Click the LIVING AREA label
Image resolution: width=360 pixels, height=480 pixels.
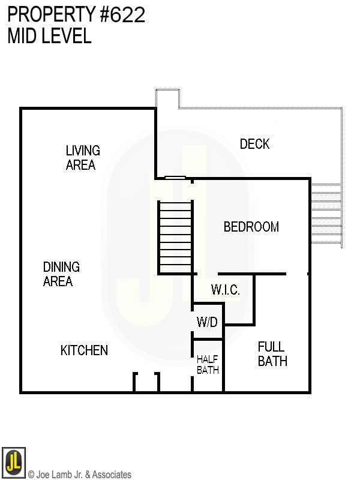click(83, 158)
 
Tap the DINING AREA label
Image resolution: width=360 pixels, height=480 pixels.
click(61, 274)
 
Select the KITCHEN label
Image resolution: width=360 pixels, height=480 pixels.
click(84, 350)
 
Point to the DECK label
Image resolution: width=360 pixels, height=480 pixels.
click(254, 144)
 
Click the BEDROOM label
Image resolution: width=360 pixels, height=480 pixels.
click(251, 227)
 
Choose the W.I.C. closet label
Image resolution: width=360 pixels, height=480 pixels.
click(225, 290)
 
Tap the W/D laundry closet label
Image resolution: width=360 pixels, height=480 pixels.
click(208, 322)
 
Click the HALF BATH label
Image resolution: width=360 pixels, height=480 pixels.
click(208, 364)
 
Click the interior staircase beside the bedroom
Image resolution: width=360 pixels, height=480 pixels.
click(175, 238)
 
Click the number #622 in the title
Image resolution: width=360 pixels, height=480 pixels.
click(123, 15)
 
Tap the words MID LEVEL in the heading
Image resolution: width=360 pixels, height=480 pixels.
click(49, 36)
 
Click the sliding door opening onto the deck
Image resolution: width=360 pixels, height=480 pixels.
click(175, 178)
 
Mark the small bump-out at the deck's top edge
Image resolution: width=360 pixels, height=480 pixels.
click(168, 98)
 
